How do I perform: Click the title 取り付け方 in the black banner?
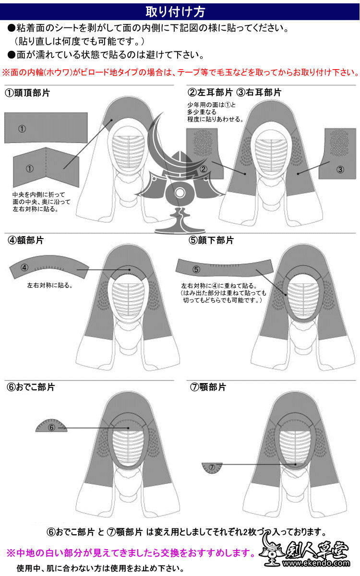(180, 10)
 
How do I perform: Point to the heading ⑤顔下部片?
(211, 240)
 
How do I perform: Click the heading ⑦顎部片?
(208, 387)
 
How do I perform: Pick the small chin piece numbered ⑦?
(212, 468)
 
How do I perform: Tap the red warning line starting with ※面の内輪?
(180, 73)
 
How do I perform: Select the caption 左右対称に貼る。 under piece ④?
(50, 285)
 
